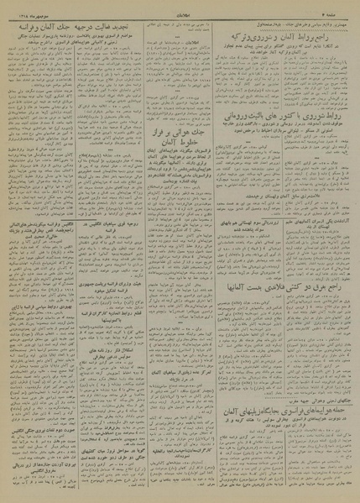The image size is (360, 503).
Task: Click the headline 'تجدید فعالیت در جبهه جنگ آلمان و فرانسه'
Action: coord(58,24)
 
